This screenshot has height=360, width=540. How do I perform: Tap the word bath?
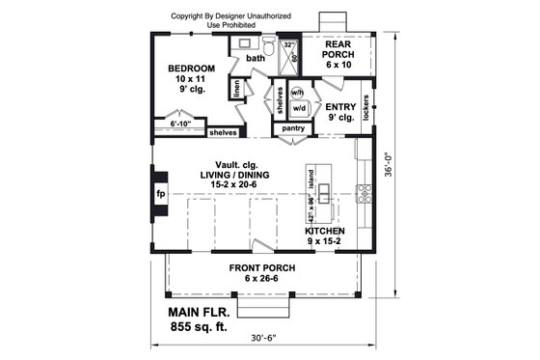[256, 59]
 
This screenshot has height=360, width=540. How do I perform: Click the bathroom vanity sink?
[245, 43]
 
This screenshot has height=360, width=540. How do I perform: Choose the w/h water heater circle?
[297, 93]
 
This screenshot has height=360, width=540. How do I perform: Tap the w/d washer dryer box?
[298, 109]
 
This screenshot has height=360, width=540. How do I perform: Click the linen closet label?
[235, 89]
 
